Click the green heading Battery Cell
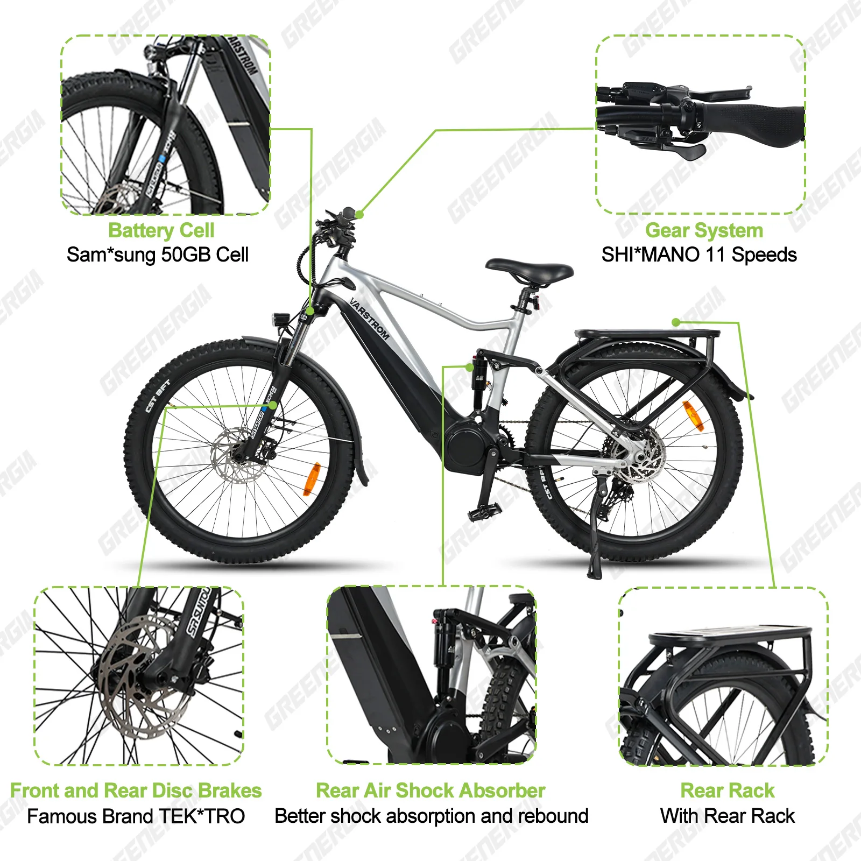tap(161, 230)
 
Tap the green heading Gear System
tap(704, 230)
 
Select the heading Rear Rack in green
tap(727, 791)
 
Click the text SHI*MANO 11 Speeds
tap(699, 255)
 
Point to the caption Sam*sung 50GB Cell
tap(158, 255)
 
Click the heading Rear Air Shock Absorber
tap(430, 791)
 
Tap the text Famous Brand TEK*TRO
tap(136, 816)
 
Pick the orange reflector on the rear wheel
tap(693, 415)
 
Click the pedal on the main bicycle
tap(483, 512)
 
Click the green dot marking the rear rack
tap(676, 322)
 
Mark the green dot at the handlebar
tap(359, 214)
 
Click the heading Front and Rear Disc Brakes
tap(136, 791)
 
